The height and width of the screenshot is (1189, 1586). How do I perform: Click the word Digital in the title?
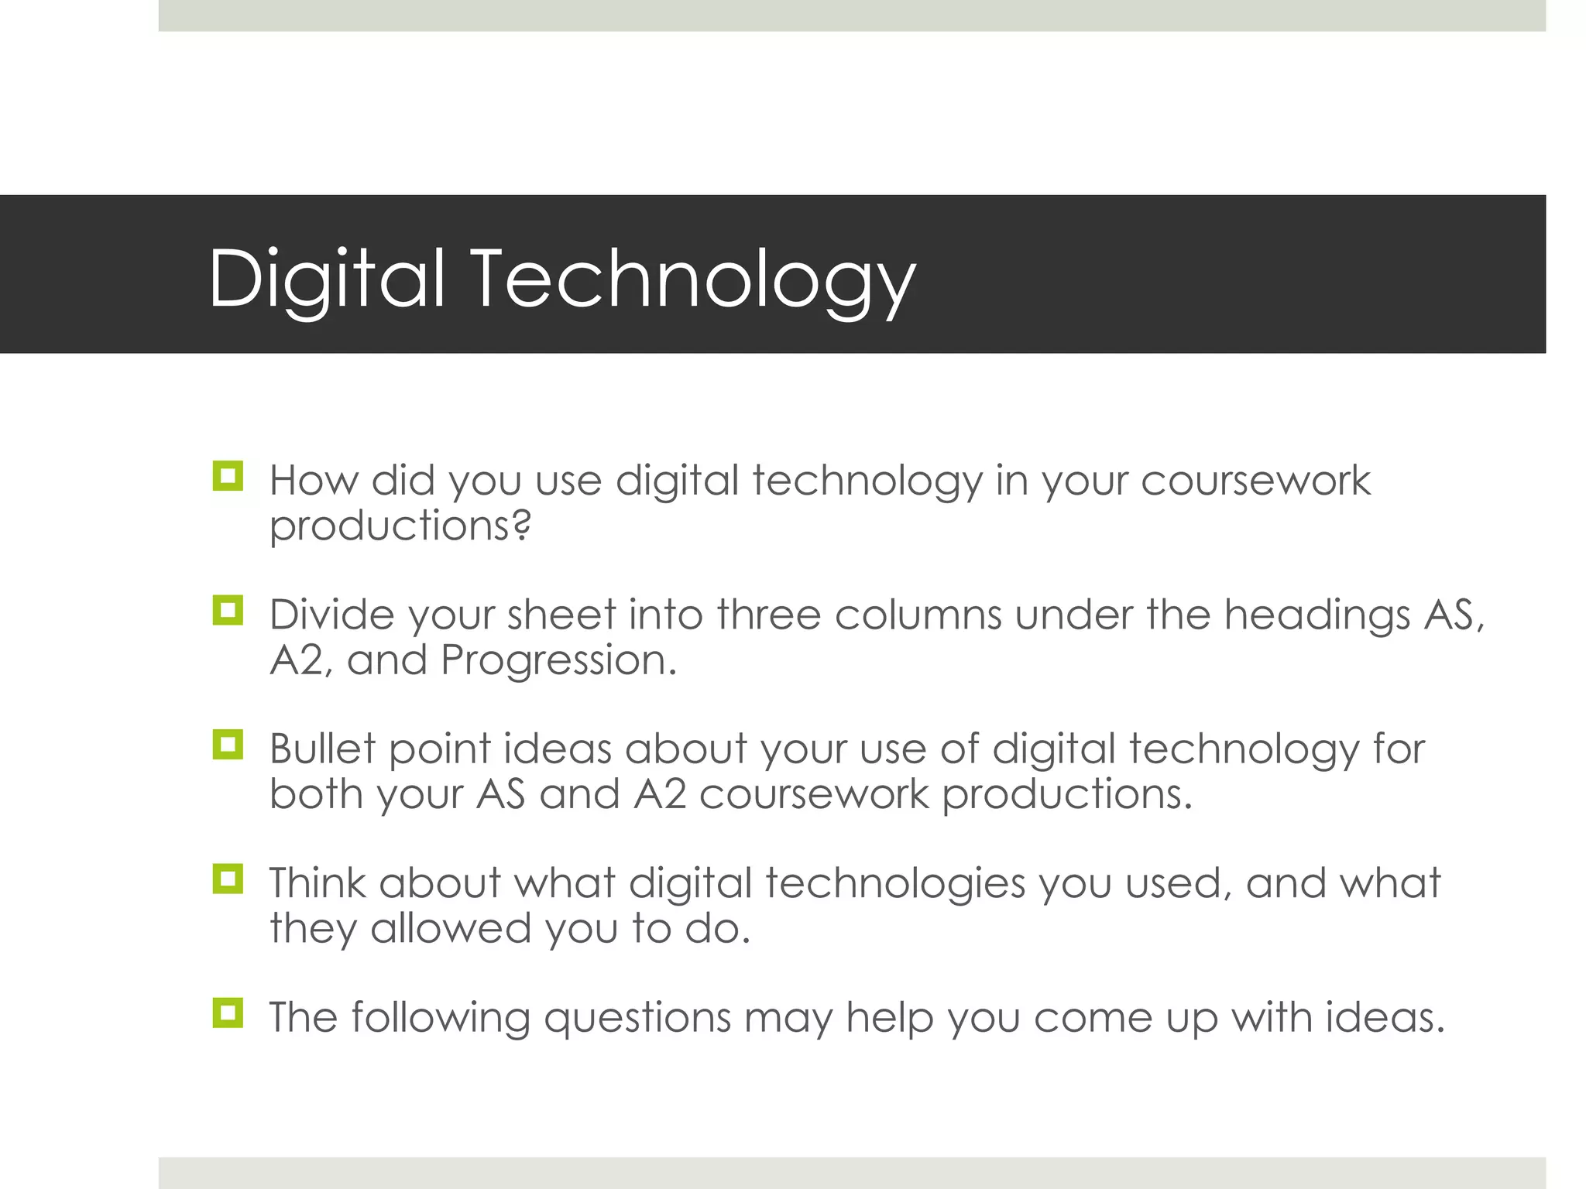[326, 279]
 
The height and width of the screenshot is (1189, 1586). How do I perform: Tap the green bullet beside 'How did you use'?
[228, 476]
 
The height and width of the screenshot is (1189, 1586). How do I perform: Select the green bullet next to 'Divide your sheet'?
[228, 611]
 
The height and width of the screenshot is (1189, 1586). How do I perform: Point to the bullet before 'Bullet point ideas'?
[228, 745]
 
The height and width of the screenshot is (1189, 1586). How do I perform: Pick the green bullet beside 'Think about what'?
[228, 879]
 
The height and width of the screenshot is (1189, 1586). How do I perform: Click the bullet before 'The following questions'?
[228, 1013]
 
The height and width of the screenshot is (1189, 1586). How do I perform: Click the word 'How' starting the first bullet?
[314, 480]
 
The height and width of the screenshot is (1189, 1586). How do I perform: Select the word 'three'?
[768, 615]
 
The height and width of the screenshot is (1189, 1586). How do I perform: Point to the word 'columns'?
[918, 615]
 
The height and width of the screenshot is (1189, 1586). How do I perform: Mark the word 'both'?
[317, 794]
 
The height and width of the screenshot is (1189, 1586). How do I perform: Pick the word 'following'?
[441, 1018]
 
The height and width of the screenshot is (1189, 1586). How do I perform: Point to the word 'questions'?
[637, 1018]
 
